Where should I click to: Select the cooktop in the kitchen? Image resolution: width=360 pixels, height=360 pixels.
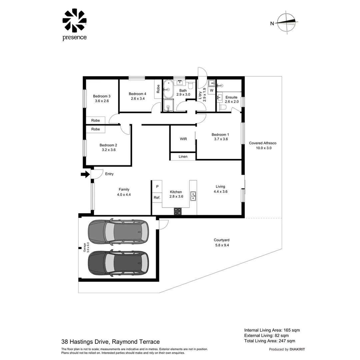(x=178, y=211)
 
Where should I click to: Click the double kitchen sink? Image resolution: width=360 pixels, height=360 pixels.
(x=193, y=196)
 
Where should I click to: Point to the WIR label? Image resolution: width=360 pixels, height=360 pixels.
(x=183, y=139)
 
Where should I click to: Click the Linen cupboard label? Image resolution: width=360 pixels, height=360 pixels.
(x=183, y=156)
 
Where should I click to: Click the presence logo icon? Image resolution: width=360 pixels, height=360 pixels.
(x=74, y=20)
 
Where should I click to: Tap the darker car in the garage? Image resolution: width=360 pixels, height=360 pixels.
(x=118, y=263)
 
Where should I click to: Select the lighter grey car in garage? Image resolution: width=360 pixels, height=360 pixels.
(x=118, y=231)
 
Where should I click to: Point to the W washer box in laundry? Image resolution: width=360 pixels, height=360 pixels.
(x=211, y=90)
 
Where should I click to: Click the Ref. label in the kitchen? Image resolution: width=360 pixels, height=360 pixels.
(x=157, y=198)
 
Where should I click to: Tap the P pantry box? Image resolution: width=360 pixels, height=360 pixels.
(x=157, y=187)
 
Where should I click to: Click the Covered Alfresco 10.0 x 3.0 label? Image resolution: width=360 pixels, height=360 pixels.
(x=263, y=145)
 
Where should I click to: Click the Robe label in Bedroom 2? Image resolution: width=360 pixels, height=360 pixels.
(x=96, y=129)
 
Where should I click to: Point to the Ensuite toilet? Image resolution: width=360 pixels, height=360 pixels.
(x=223, y=107)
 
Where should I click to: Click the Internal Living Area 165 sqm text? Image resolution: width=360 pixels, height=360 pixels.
(x=272, y=330)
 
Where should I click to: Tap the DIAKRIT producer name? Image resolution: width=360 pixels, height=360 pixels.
(x=297, y=349)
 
